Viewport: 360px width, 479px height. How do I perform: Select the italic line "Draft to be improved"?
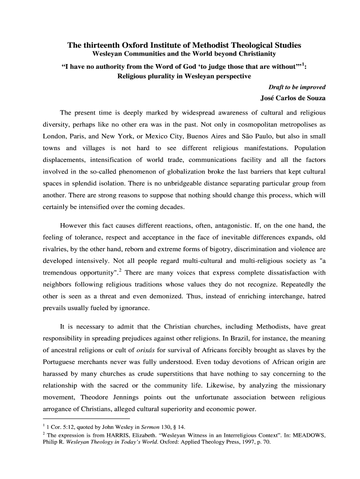[297, 87]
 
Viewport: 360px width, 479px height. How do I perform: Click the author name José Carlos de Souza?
[293, 98]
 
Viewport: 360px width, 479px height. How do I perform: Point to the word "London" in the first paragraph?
[49, 136]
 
